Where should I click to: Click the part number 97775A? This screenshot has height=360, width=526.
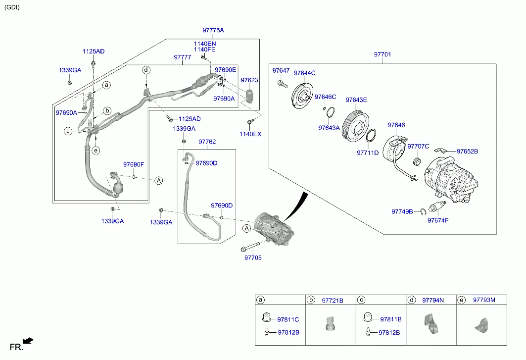[213, 31]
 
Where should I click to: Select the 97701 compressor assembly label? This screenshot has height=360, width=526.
[382, 54]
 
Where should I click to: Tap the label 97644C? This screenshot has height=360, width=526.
[304, 73]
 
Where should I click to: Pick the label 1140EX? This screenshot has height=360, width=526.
[250, 134]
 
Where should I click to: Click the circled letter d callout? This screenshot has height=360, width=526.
[146, 70]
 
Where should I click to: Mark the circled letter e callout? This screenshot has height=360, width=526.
[96, 151]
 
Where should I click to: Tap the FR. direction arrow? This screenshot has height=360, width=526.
[28, 340]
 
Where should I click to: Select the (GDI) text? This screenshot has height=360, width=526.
[12, 7]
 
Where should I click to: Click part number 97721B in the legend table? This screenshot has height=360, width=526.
[332, 300]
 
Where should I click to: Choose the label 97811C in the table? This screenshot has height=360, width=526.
[288, 319]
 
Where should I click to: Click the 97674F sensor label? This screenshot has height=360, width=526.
[438, 220]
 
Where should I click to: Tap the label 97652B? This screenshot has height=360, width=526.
[467, 152]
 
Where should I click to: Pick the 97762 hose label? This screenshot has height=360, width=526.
[207, 142]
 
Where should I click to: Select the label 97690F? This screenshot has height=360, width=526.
[133, 164]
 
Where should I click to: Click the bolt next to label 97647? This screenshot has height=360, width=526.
[282, 84]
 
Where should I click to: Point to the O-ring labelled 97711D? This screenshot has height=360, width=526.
[372, 137]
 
